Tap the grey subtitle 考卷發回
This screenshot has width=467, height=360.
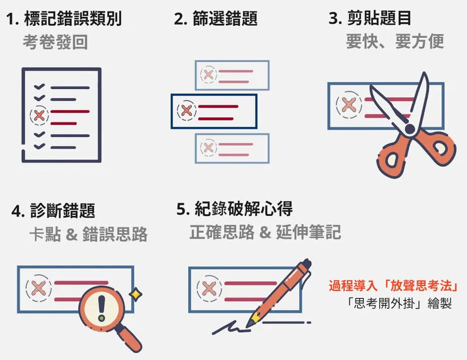[55, 42]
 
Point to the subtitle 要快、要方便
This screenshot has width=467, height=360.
[394, 42]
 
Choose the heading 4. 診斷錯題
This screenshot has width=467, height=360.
[54, 210]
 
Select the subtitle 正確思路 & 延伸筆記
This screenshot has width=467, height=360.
[265, 232]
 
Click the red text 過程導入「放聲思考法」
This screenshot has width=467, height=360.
[393, 285]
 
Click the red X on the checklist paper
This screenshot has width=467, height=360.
[40, 115]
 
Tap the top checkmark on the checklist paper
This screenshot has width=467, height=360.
[39, 87]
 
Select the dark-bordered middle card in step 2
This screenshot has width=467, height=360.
[214, 111]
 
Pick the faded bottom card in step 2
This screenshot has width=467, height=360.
[232, 148]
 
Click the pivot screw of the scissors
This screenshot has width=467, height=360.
[410, 129]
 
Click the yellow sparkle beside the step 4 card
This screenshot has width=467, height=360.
[135, 294]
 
